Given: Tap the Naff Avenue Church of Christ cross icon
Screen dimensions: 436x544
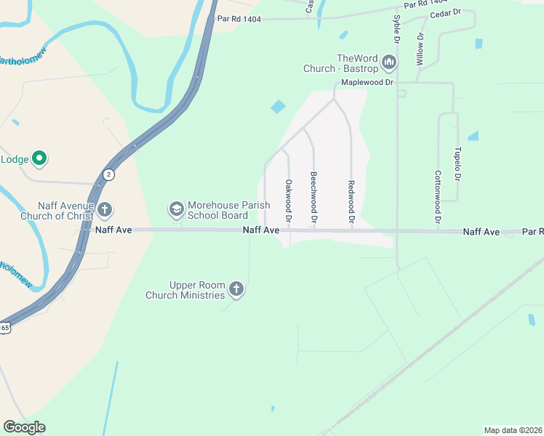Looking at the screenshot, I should (105, 211).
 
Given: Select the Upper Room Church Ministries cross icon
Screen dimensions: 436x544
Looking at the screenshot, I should (236, 290).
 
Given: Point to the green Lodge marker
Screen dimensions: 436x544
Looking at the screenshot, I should (40, 158).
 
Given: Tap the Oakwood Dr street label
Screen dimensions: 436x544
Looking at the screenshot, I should (289, 201).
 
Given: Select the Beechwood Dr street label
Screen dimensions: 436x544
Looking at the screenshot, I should (313, 197).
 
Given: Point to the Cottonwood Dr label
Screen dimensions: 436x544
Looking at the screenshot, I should (438, 196).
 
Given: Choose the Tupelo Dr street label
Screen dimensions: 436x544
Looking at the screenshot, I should (457, 164).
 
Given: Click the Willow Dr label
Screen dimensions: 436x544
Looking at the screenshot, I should (420, 49).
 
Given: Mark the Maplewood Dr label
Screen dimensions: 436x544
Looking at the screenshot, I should (367, 83).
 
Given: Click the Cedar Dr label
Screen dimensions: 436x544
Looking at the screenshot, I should (446, 13).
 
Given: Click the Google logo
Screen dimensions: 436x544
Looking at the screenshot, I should (25, 427).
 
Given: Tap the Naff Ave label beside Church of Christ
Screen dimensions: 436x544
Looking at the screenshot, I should (113, 230).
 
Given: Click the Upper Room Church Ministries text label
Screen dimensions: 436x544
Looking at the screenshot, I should (186, 290).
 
